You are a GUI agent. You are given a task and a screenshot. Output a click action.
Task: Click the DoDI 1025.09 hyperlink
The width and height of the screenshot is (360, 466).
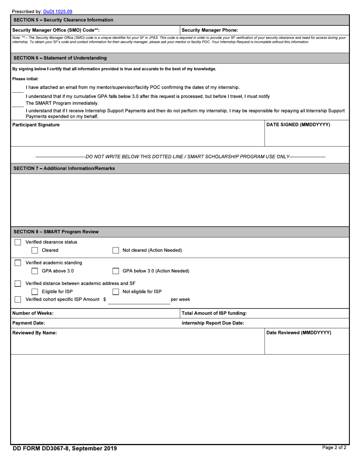click(58, 12)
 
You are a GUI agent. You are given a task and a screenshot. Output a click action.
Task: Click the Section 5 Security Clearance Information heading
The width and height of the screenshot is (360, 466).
click(63, 20)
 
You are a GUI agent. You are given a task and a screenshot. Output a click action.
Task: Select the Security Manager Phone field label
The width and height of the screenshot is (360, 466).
click(210, 30)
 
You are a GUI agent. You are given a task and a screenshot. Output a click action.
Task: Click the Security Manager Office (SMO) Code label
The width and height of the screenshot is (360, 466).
click(56, 30)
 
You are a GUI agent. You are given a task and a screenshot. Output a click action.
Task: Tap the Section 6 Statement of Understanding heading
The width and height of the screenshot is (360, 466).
click(60, 58)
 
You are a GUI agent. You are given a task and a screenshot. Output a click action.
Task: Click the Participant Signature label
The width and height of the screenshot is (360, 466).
click(36, 125)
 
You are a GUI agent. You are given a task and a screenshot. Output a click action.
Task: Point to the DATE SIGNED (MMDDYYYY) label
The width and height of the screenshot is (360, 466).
click(298, 125)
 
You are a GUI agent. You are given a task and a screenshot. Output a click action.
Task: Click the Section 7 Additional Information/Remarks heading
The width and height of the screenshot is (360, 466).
click(64, 168)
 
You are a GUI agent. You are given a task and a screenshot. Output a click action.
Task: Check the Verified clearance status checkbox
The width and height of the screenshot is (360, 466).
click(18, 242)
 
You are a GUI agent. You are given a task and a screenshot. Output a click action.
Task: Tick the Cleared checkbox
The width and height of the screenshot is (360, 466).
click(35, 250)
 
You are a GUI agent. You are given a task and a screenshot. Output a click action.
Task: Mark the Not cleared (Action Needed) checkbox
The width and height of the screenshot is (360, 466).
click(116, 250)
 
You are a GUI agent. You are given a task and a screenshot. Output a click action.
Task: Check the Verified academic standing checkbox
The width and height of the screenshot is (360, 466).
click(18, 263)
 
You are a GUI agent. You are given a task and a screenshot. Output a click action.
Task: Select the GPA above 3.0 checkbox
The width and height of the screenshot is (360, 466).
click(35, 271)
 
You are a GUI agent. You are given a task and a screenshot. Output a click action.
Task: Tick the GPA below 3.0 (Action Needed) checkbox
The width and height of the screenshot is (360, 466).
click(116, 271)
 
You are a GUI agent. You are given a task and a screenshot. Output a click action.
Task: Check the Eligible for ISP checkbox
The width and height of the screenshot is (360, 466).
click(35, 292)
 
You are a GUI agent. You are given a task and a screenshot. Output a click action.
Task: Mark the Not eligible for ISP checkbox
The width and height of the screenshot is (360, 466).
click(116, 292)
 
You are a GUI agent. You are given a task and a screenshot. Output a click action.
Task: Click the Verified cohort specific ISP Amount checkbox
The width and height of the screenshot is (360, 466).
click(18, 300)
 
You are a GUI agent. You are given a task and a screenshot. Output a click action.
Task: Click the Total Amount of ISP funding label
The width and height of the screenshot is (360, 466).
click(214, 313)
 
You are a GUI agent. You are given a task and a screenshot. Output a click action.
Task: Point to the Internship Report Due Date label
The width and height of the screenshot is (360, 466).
click(213, 323)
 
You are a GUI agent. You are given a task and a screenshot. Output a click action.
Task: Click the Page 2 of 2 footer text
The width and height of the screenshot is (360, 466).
click(334, 448)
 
